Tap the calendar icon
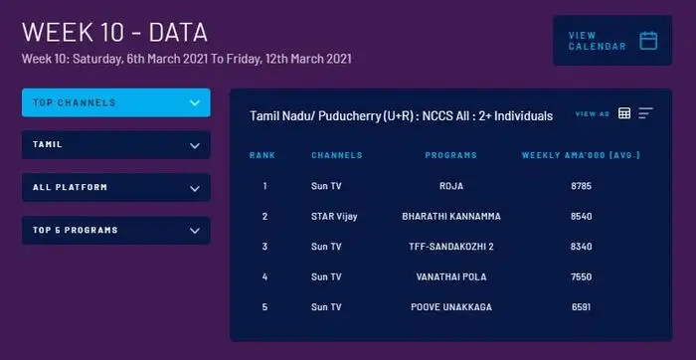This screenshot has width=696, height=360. (x=648, y=41)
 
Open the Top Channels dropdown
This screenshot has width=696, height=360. (x=115, y=102)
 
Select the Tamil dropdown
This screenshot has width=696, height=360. (x=115, y=145)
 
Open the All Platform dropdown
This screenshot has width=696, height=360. (x=115, y=187)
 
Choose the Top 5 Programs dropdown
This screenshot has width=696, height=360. (x=115, y=231)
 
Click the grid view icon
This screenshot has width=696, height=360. (x=624, y=113)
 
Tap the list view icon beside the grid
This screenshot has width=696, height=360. (x=645, y=113)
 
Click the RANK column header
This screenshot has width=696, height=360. (x=262, y=155)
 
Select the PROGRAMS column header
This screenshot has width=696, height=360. (x=450, y=155)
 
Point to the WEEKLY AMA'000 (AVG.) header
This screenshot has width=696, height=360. (x=581, y=155)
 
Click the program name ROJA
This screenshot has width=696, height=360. (x=450, y=186)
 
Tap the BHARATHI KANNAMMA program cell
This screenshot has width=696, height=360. (x=450, y=216)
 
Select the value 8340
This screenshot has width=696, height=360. (x=581, y=247)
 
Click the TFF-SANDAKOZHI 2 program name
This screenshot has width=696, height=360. (x=450, y=247)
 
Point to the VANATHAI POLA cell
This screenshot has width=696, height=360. (x=450, y=276)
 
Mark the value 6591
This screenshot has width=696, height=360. (x=581, y=307)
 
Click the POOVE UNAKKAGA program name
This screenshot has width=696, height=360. (x=450, y=307)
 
